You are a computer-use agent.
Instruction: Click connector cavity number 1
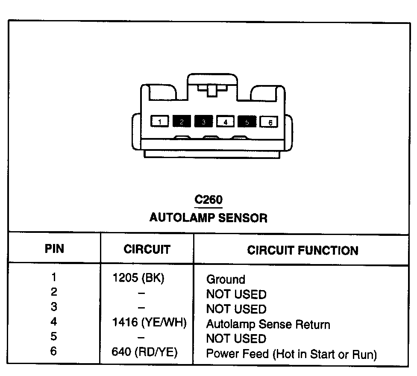point(159,122)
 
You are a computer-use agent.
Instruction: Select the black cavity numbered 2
point(182,122)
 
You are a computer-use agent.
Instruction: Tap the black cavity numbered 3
point(204,122)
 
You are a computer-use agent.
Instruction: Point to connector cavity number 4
point(226,122)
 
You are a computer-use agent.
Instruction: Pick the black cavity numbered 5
point(247,122)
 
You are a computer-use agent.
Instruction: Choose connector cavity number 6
point(270,122)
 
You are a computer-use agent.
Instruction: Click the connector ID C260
point(208,200)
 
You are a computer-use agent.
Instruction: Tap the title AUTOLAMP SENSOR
point(208,218)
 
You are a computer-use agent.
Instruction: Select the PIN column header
point(54,249)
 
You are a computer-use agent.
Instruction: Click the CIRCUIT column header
point(147,250)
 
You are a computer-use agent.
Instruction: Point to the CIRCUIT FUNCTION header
point(302,250)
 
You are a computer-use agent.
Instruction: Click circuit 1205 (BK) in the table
point(138,278)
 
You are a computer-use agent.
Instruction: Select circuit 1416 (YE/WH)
point(149,323)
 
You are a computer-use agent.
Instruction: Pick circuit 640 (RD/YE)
point(144,352)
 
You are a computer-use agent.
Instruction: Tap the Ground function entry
point(226,280)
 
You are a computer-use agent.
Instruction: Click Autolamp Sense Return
point(268,325)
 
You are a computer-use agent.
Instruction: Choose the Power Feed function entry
point(291,354)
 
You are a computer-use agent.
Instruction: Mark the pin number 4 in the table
point(54,322)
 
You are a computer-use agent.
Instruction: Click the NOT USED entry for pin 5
point(236,339)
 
